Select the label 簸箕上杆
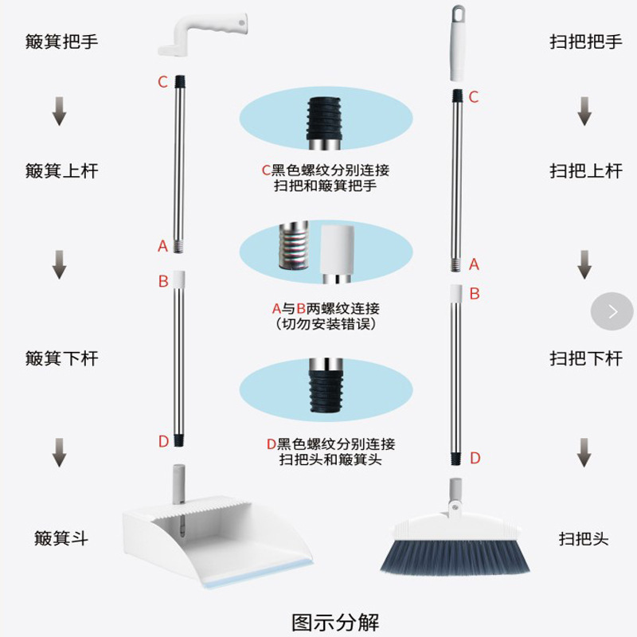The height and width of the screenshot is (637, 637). coord(61,170)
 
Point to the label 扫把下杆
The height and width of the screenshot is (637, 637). coord(585,358)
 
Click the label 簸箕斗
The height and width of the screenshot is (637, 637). coord(61,538)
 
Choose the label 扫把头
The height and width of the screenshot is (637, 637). coord(584,539)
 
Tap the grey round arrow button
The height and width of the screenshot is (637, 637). coord(612,311)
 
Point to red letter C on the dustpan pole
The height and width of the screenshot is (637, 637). coord(162,81)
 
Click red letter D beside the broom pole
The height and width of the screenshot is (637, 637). coord(475,458)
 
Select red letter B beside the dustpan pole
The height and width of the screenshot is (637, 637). coord(163,281)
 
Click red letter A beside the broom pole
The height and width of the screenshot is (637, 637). coord(475,264)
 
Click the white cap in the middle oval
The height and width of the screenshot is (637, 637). coord(338,253)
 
